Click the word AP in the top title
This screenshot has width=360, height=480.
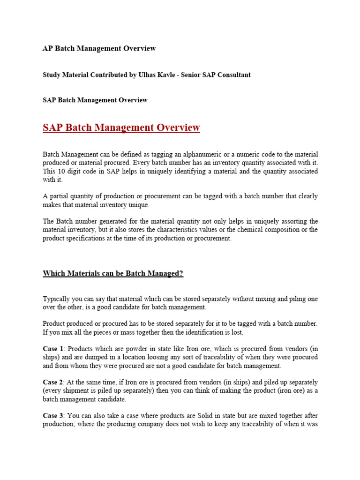coord(48,49)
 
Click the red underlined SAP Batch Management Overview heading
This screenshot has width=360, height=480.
coord(121,127)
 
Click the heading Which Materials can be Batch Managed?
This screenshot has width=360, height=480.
coord(113,274)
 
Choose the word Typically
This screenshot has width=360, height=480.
coord(57,299)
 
